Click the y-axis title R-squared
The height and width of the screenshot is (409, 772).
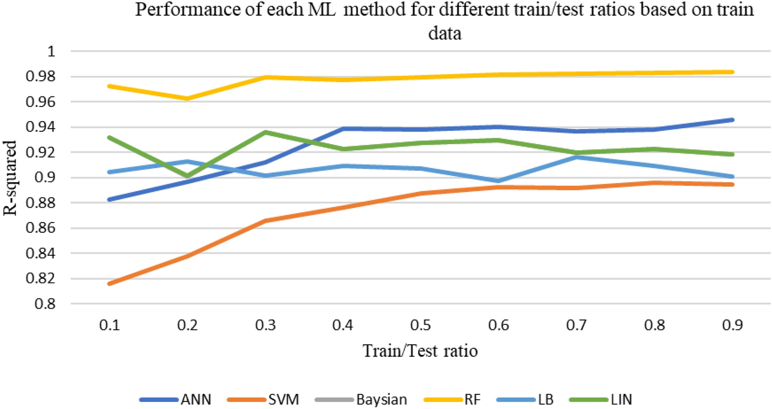[12, 177]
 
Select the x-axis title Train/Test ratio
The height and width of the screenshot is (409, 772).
[420, 351]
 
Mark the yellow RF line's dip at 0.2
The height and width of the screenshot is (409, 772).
[187, 99]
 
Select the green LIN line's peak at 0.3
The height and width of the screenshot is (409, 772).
[266, 132]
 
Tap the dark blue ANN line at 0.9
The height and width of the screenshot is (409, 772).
[732, 119]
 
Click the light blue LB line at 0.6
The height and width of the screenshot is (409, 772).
[498, 181]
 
